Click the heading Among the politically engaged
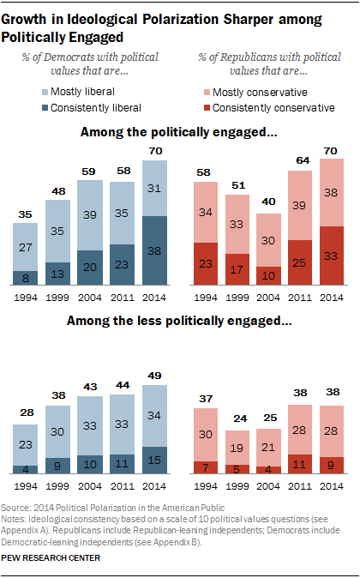tap(179, 133)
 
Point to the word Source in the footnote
tap(20, 509)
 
